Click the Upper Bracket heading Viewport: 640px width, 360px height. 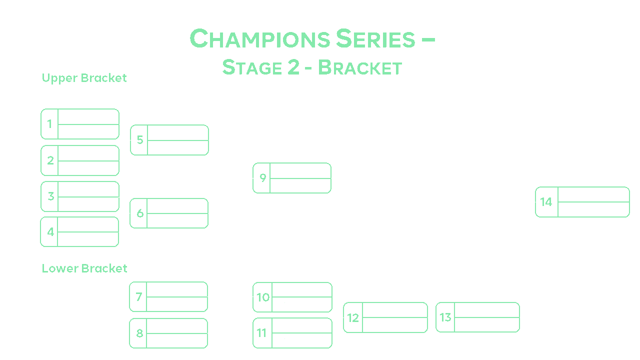point(84,78)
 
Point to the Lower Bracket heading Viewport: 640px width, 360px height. point(84,268)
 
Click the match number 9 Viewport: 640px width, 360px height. point(262,178)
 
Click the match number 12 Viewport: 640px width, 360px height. point(353,317)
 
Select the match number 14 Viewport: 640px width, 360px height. point(546,202)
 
